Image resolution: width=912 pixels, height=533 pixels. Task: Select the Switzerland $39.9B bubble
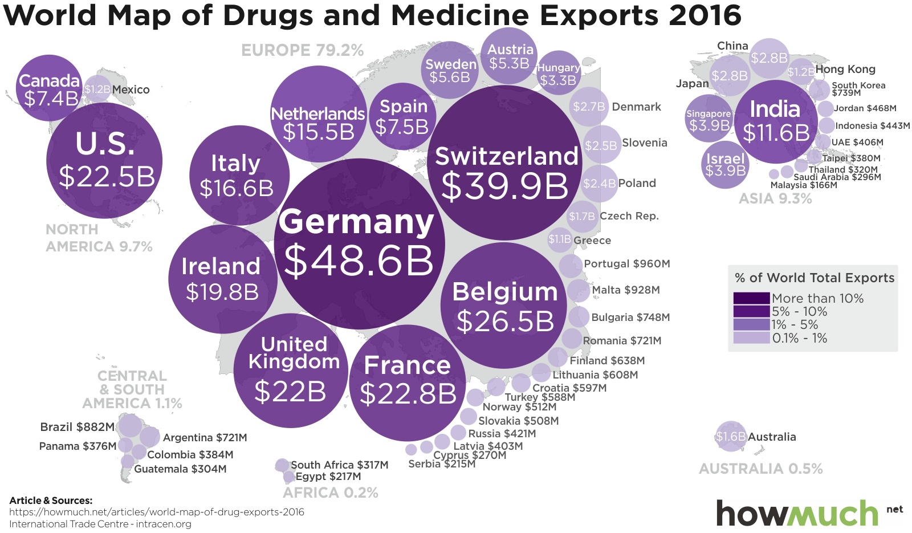click(505, 162)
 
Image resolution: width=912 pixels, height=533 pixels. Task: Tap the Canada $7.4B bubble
click(49, 88)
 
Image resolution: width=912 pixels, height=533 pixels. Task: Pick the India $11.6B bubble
click(775, 121)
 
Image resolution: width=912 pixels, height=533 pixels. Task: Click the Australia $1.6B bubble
click(730, 437)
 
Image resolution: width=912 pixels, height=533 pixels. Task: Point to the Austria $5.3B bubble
click(510, 56)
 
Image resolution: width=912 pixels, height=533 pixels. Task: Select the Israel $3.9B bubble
click(725, 164)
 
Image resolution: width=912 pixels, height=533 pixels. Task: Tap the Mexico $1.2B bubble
click(97, 89)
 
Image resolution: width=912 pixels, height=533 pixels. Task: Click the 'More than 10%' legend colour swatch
click(751, 298)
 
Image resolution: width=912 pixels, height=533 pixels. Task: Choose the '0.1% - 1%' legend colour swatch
click(751, 338)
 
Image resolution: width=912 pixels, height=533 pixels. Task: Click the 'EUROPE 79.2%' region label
click(302, 50)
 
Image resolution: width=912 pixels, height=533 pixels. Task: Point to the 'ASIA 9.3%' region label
click(775, 198)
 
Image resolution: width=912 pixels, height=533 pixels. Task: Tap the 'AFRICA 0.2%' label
click(331, 493)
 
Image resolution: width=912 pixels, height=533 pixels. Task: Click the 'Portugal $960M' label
click(626, 264)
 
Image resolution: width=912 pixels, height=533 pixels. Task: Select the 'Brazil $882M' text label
click(77, 427)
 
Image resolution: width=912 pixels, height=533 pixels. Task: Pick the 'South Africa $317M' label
click(339, 465)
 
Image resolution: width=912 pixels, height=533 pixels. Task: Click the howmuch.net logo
click(798, 513)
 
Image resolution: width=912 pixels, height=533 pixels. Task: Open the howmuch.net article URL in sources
click(157, 512)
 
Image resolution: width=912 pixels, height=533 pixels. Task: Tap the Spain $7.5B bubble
click(402, 117)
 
